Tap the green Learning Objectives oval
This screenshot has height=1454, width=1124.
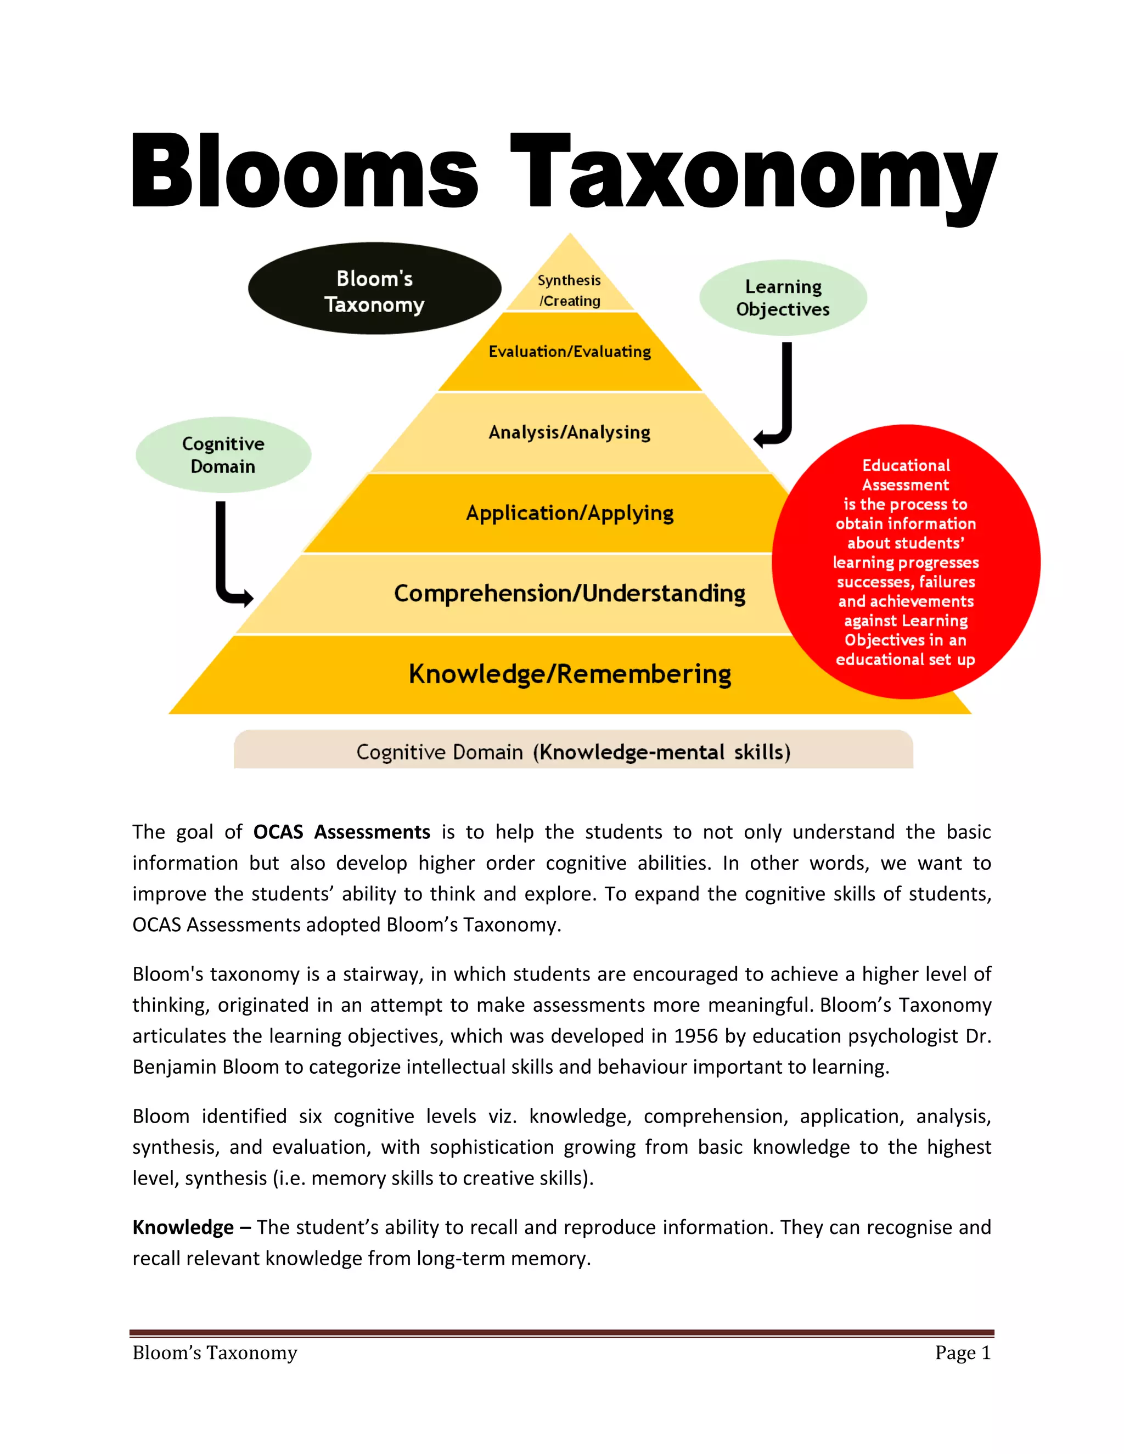pos(783,297)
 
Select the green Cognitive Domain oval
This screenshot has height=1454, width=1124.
pos(223,455)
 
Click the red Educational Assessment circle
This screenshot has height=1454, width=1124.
pos(906,562)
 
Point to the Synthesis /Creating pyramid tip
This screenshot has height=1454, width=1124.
pos(569,290)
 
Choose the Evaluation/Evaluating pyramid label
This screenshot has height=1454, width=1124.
pos(569,352)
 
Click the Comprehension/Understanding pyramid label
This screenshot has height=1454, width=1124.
pos(569,593)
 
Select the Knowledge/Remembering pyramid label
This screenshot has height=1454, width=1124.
pos(569,674)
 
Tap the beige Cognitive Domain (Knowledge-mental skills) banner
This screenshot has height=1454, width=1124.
pos(572,752)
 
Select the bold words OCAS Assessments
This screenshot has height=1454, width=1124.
pos(341,832)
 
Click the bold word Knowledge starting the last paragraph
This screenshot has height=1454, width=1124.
pos(183,1227)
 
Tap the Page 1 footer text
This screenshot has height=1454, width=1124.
pos(963,1353)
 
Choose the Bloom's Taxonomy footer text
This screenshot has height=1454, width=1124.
pos(215,1353)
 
